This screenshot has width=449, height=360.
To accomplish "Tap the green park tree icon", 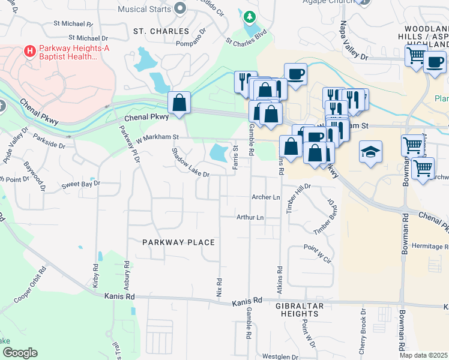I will pos(249,16).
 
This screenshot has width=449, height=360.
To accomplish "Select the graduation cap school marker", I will pos(370,152).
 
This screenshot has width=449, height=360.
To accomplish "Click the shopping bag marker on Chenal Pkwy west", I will pos(179,103).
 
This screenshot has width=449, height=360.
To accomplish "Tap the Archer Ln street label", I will pos(266,197).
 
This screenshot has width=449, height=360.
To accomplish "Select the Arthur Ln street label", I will pos(250,217).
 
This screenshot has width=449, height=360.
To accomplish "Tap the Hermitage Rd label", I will pos(430,247).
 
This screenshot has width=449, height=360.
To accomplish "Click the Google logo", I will pos(20,353).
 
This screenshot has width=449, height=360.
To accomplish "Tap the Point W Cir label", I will pos(318,253).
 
